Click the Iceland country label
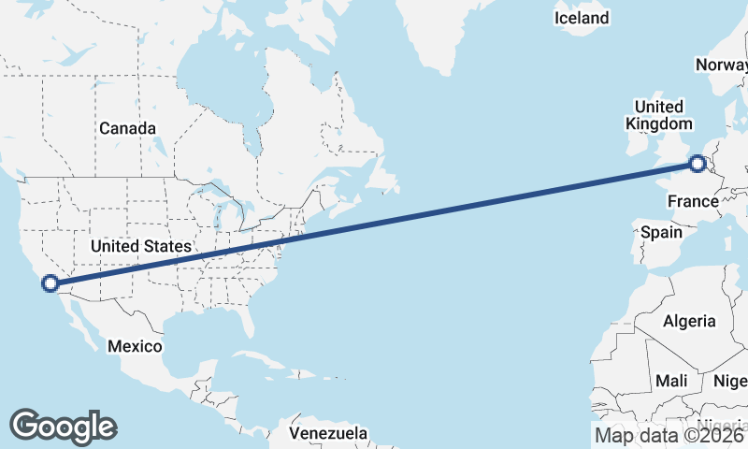(x=581, y=18)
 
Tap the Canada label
(x=127, y=128)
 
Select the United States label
(x=141, y=246)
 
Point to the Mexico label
(x=134, y=346)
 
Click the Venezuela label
(x=327, y=434)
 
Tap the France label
(x=693, y=202)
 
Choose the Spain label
(x=659, y=231)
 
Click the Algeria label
(x=689, y=321)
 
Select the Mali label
(x=671, y=381)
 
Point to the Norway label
(x=722, y=65)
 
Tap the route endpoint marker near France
(x=698, y=165)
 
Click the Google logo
(x=63, y=427)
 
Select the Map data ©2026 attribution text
(x=669, y=434)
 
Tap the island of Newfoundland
(x=383, y=176)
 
